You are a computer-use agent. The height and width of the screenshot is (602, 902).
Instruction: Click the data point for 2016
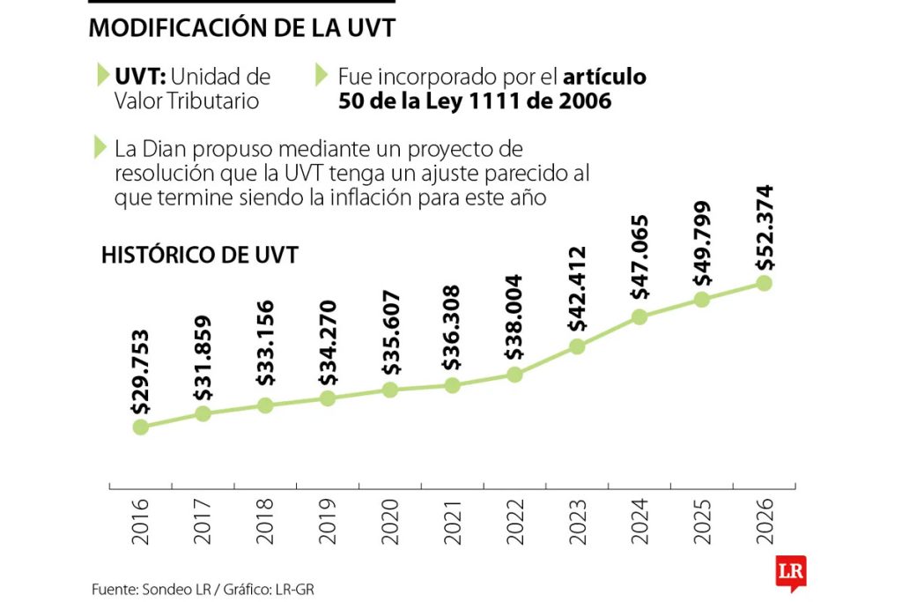pyautogui.click(x=140, y=427)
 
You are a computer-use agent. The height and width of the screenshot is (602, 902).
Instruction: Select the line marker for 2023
pyautogui.click(x=577, y=346)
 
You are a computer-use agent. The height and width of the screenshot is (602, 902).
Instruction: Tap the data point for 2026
pyautogui.click(x=764, y=283)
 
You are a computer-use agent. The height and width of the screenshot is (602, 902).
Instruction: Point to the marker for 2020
pyautogui.click(x=389, y=390)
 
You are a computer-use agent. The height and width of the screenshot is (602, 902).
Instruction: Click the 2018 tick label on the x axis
pyautogui.click(x=265, y=520)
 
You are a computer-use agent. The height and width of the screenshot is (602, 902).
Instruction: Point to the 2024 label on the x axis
pyautogui.click(x=640, y=520)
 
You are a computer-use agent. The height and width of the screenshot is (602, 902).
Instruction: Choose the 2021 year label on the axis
pyautogui.click(x=452, y=520)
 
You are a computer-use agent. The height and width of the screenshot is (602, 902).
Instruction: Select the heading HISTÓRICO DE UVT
pyautogui.click(x=200, y=256)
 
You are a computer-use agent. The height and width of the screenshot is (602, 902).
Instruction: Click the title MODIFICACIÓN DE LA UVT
pyautogui.click(x=241, y=28)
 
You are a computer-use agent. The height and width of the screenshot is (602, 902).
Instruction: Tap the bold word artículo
pyautogui.click(x=604, y=77)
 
